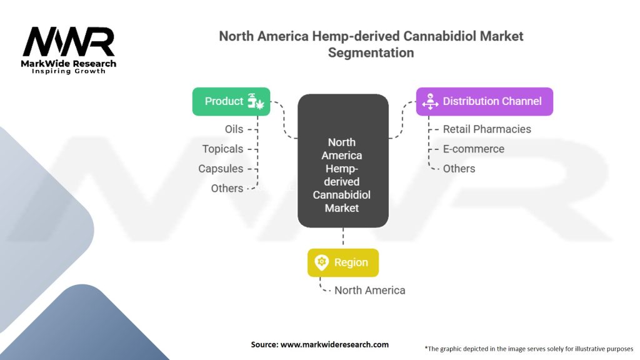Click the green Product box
click(x=231, y=101)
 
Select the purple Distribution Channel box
click(x=484, y=101)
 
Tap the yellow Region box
click(x=343, y=262)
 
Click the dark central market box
click(x=343, y=161)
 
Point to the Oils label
click(x=234, y=129)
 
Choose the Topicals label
click(x=222, y=149)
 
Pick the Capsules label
click(x=221, y=169)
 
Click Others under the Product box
click(x=227, y=188)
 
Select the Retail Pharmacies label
click(x=487, y=129)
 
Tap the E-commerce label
click(x=474, y=149)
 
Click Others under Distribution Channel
click(x=459, y=169)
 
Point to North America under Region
click(x=370, y=290)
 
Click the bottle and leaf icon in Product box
click(x=256, y=101)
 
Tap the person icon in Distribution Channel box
click(x=430, y=101)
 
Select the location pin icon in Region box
click(x=322, y=262)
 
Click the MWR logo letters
click(x=69, y=42)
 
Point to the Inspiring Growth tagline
click(x=69, y=71)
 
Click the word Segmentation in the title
click(x=371, y=52)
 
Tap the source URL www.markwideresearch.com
click(x=334, y=344)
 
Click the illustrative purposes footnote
click(x=529, y=349)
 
